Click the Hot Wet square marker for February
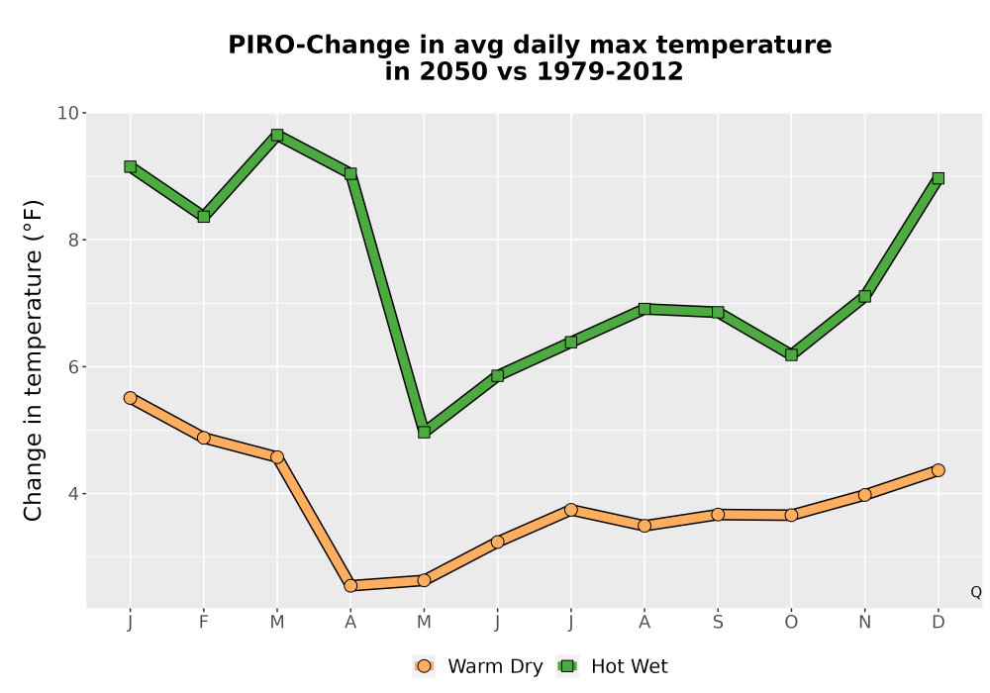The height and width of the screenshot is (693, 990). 203,217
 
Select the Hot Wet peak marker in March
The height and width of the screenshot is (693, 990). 277,135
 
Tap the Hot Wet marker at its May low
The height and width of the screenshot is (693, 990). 425,433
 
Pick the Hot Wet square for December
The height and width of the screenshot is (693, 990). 939,178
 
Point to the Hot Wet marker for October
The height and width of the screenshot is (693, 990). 791,355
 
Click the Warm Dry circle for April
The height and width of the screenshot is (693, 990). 350,586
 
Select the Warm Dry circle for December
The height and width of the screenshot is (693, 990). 939,470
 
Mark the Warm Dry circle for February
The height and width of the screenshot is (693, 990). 203,438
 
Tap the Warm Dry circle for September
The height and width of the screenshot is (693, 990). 718,515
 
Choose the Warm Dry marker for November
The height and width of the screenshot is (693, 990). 865,495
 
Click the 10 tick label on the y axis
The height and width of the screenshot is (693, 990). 68,114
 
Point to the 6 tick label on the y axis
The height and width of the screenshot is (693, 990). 73,367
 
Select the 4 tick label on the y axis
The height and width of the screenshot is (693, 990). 73,494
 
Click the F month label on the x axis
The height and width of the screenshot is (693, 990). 203,623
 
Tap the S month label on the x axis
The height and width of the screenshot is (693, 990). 718,623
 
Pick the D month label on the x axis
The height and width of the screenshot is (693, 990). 939,623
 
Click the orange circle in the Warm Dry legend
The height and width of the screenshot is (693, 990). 425,666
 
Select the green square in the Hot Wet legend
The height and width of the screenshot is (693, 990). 567,666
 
